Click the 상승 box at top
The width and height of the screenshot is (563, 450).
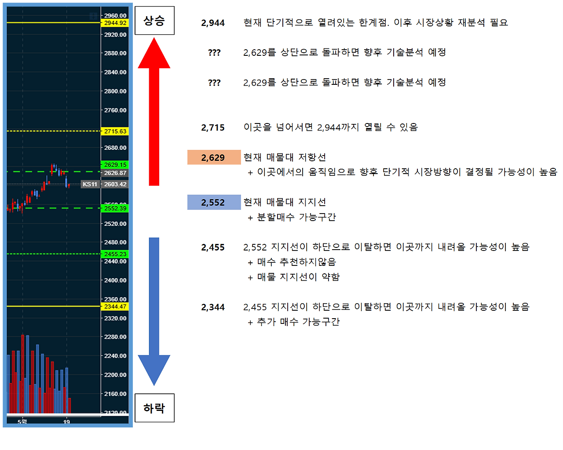pos(154,21)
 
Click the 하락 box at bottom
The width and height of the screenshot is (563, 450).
pos(154,408)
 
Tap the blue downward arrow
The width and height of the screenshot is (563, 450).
pos(154,308)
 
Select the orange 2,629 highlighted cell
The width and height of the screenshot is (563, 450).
pos(214,157)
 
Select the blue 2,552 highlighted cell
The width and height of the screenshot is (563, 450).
pos(214,202)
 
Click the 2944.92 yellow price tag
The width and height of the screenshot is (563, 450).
pos(115,23)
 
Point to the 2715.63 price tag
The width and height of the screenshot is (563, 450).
pos(115,131)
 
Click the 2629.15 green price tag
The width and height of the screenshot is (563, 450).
pos(115,165)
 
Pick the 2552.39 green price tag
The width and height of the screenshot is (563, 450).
pos(115,208)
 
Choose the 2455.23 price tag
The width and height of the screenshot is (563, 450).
pos(115,254)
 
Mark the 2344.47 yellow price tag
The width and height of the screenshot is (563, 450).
pos(115,307)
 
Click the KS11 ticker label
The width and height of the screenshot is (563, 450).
pos(90,184)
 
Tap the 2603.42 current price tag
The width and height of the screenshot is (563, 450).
pos(115,184)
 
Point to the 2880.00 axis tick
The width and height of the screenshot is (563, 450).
pos(115,53)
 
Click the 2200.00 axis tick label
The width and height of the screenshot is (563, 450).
pos(115,375)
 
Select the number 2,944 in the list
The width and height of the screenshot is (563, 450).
pos(213,23)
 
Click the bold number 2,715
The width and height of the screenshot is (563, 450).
pos(213,128)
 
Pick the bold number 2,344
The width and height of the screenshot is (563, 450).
pos(213,307)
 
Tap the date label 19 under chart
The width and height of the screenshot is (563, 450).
pos(66,422)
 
